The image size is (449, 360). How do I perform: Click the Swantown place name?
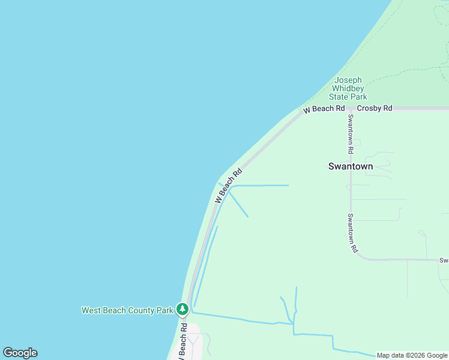click(x=351, y=166)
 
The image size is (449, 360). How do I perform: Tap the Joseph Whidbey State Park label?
click(x=348, y=88)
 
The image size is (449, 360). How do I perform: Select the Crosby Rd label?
click(x=374, y=108)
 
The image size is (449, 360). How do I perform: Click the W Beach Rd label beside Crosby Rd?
click(x=324, y=109)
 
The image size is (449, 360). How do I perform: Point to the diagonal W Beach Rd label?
click(x=229, y=185)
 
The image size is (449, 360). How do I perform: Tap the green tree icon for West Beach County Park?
click(x=182, y=310)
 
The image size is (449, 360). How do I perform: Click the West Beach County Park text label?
click(x=127, y=310)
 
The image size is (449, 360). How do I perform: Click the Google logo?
click(x=20, y=353)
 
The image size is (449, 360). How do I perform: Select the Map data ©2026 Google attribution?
click(x=412, y=355)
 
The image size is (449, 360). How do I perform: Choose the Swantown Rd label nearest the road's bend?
click(x=354, y=232)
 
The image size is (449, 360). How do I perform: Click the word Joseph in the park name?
click(x=348, y=80)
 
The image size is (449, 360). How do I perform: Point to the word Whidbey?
click(x=348, y=88)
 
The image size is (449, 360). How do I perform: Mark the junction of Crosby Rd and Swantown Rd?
click(x=351, y=109)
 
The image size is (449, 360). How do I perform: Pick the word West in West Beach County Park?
click(x=91, y=310)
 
